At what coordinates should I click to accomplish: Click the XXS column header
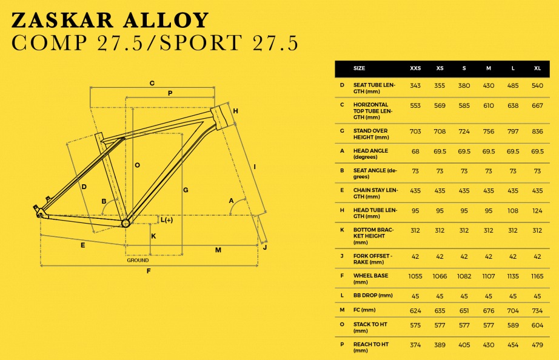415,68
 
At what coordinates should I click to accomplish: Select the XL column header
537,68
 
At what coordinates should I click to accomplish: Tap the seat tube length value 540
537,85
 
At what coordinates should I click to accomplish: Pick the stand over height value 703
415,131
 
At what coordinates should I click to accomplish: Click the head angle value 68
415,151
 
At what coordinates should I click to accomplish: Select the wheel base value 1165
537,276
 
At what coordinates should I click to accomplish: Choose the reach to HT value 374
415,345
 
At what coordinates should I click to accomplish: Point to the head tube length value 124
537,210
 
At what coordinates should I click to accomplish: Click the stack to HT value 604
537,325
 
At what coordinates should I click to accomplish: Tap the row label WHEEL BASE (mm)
371,279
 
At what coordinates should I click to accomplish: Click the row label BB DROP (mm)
373,295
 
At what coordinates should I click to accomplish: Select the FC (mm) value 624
415,310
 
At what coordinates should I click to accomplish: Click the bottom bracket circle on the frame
126,223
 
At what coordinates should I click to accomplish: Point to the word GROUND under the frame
138,260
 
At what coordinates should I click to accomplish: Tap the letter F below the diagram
149,271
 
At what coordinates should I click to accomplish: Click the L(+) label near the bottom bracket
166,220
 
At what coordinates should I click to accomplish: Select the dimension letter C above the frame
152,83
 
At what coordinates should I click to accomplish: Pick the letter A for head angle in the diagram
231,200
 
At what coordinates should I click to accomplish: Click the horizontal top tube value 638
513,105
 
